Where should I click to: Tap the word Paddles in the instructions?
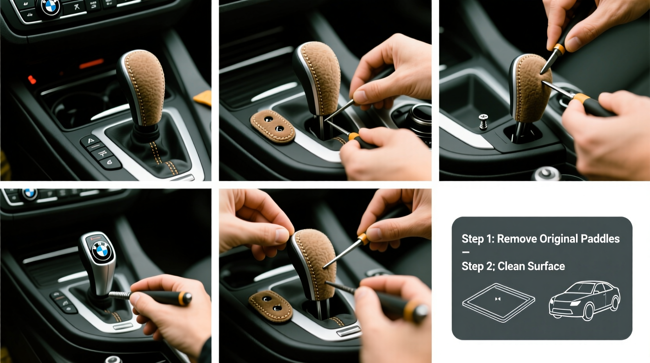[600, 239]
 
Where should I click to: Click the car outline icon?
[584, 300]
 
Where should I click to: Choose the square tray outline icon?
[498, 302]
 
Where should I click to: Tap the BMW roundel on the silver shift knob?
[102, 250]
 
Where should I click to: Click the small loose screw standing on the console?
[483, 121]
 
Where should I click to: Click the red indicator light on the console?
[32, 80]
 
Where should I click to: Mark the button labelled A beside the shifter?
[90, 141]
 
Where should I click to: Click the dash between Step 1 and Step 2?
[466, 252]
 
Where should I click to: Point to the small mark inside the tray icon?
[498, 299]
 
